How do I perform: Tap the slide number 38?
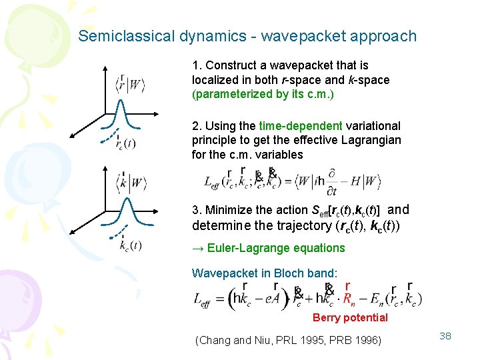(x=445, y=336)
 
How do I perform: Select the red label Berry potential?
(x=350, y=317)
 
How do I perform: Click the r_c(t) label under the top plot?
(x=125, y=143)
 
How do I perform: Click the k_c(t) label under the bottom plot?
(x=130, y=245)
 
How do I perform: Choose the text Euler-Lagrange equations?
(x=276, y=248)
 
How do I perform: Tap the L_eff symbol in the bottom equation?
(x=203, y=299)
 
